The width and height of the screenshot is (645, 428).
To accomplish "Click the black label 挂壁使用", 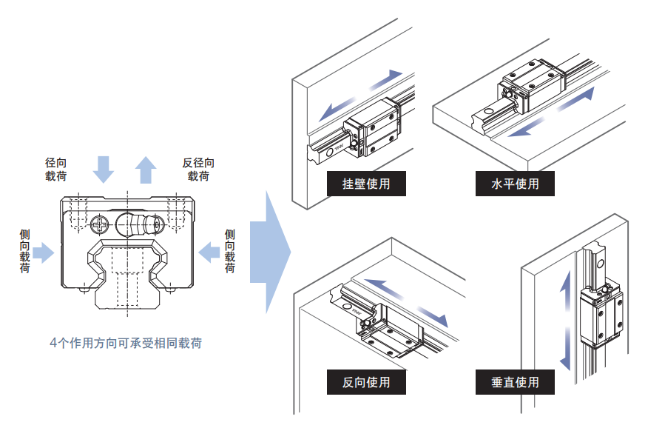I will pos(366,183).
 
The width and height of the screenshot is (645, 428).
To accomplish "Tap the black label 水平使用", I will pos(516,183).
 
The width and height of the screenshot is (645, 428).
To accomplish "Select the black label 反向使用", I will pos(366,382).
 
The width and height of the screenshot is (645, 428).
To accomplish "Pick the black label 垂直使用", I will pos(516,382).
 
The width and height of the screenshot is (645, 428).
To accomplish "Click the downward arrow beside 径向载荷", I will pos(104,169).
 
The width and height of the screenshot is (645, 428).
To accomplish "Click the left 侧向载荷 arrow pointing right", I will pos(44,253).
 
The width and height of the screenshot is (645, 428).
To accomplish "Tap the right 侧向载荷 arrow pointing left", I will pos(210,253).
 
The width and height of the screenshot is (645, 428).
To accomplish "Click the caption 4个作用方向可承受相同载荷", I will pos(126,343).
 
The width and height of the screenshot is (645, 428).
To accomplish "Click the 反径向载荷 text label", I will pos(198,169).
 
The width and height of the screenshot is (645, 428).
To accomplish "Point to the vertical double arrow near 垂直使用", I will pos(566,320).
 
